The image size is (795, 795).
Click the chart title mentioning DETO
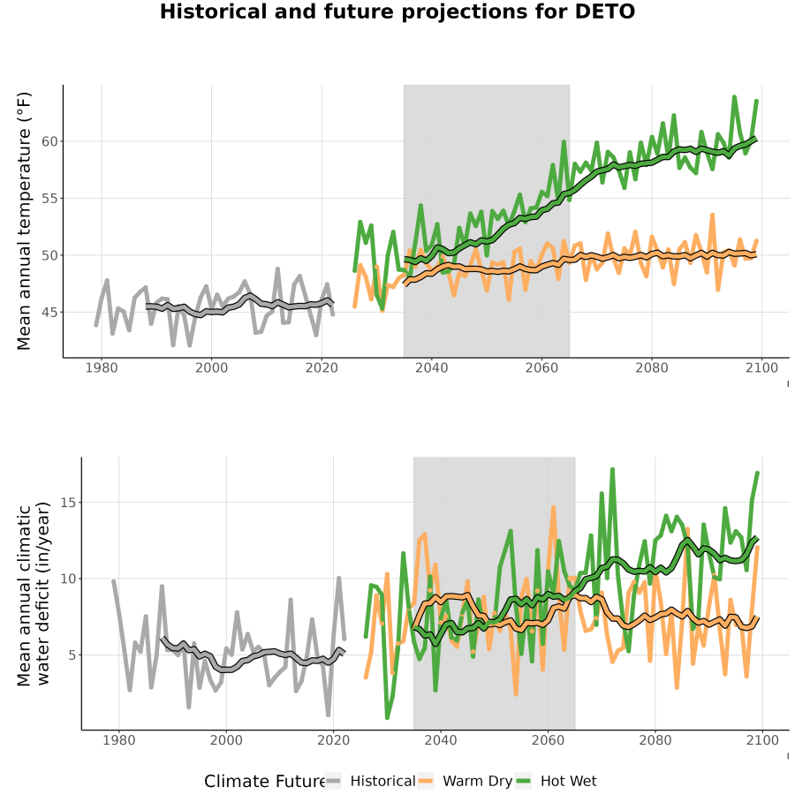[397, 11]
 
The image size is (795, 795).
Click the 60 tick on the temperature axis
[49, 141]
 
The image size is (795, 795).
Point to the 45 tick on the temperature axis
[49, 313]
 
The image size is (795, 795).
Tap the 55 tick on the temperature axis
[49, 198]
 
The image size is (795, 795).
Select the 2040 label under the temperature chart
[431, 367]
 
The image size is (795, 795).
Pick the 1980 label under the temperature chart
[102, 367]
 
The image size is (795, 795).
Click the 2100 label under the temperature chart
[761, 367]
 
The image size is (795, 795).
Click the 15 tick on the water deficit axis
[68, 503]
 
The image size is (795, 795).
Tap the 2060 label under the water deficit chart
[548, 740]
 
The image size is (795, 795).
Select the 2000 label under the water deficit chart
[226, 740]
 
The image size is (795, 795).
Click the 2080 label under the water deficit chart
[655, 740]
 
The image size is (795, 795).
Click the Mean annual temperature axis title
[24, 221]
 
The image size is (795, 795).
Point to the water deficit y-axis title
[33, 594]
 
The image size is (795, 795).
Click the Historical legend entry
[370, 781]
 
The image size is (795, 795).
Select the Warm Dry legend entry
[465, 781]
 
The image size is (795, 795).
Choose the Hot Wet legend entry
[556, 781]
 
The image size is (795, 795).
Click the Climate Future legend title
[264, 782]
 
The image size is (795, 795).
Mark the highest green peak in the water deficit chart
[612, 470]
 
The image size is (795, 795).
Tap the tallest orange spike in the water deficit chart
[553, 507]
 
